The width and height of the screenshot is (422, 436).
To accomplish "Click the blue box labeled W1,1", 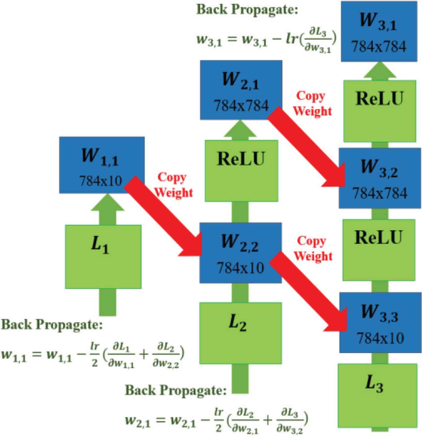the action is click(x=102, y=165).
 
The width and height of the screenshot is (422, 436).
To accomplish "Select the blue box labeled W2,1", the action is click(x=241, y=90).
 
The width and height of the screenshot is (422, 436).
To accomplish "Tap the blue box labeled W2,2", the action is click(x=240, y=253).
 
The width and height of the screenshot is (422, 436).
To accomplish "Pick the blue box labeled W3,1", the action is click(x=379, y=31).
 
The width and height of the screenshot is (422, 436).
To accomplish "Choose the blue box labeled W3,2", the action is click(x=380, y=178).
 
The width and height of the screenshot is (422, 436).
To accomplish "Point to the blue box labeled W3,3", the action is click(x=380, y=323).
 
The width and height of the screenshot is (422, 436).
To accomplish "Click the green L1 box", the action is click(x=103, y=257).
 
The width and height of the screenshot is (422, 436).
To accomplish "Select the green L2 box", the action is click(x=241, y=333).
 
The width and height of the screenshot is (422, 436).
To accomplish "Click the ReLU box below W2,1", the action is click(x=241, y=171).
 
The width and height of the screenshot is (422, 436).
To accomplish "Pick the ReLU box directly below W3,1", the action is click(x=380, y=111).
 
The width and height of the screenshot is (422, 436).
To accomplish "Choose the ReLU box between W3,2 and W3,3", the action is click(x=379, y=250).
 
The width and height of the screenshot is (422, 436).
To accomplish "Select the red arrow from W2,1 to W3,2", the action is click(x=306, y=147).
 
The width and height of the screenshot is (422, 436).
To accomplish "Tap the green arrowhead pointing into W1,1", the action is click(x=108, y=202).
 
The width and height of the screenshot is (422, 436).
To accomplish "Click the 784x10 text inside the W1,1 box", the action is click(x=101, y=181).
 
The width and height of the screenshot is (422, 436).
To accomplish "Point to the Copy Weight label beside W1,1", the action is click(x=174, y=185).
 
